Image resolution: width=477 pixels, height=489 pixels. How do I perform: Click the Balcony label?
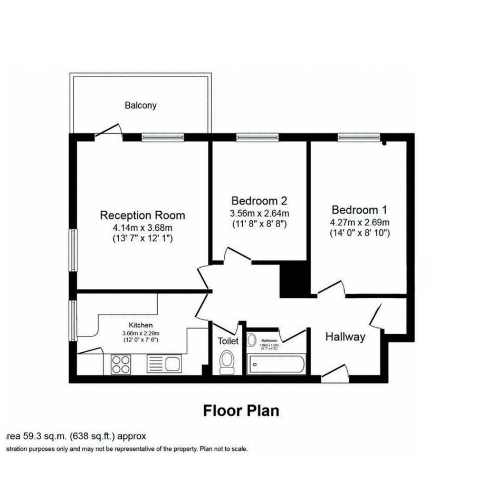click(140, 105)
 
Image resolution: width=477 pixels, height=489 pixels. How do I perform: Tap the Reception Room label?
click(142, 215)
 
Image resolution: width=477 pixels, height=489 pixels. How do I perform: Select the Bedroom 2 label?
click(259, 201)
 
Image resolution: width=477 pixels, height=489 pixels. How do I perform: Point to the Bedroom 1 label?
click(359, 209)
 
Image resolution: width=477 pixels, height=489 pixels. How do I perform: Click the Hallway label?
click(345, 337)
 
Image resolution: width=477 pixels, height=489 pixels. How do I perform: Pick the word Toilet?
click(228, 341)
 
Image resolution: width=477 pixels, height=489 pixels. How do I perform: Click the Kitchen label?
click(141, 325)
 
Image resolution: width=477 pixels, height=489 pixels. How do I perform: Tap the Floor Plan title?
click(241, 410)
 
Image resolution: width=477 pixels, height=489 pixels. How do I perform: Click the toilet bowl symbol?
click(227, 362)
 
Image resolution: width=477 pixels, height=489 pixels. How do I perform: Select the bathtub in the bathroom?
click(275, 363)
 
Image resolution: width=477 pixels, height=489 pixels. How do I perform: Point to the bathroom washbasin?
click(252, 341)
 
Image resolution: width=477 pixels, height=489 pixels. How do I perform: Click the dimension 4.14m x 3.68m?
click(142, 228)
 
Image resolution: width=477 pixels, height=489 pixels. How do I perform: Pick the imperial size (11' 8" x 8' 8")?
click(259, 224)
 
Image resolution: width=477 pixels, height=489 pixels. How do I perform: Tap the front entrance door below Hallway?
click(335, 373)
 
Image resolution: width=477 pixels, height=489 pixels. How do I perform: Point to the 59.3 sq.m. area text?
click(74, 436)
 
